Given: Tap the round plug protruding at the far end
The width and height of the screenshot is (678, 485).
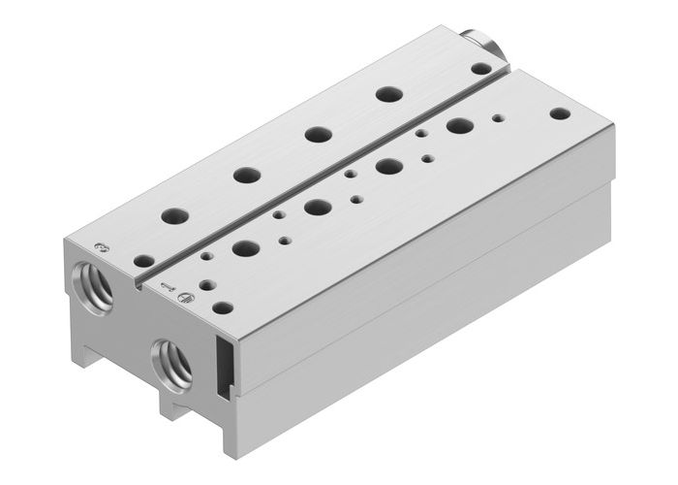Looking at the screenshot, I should (481, 46).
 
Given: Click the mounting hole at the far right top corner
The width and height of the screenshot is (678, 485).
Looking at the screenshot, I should (558, 113).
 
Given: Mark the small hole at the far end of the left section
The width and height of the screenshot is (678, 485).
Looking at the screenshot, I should (480, 68).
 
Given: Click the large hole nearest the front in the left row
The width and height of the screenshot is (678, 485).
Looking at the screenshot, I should (175, 216).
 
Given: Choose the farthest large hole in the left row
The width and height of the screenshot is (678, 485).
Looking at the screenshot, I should (389, 95).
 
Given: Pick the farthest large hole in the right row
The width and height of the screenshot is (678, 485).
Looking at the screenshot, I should (457, 125).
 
